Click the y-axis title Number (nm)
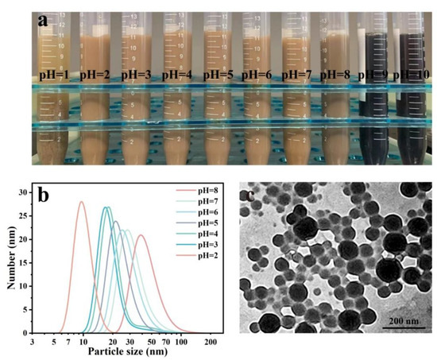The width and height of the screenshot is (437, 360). click(x=11, y=262)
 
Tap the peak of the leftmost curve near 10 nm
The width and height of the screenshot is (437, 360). click(x=81, y=202)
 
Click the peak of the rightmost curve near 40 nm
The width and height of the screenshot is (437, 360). click(x=141, y=235)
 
